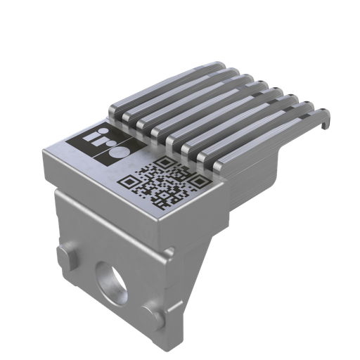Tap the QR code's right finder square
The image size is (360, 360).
click(200, 184)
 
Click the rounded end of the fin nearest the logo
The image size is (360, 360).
click(115, 110)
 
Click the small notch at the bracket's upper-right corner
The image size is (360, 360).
click(169, 251)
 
